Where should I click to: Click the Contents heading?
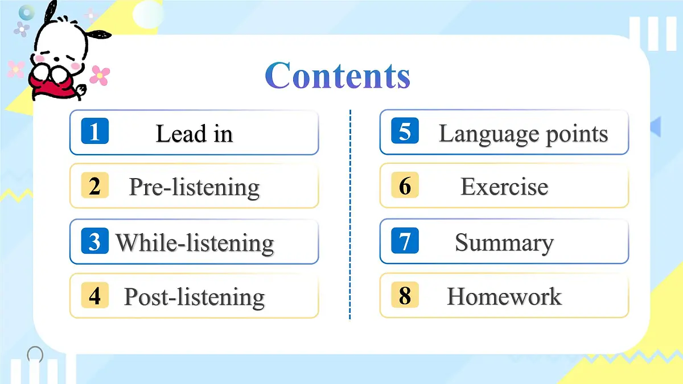[338, 76]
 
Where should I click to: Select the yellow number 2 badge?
[94, 185]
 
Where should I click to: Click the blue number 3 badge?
[94, 241]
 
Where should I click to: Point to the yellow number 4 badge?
[94, 295]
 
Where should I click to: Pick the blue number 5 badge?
[405, 131]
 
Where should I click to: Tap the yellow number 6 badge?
[405, 185]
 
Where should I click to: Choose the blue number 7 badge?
[405, 241]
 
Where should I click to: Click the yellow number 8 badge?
[405, 295]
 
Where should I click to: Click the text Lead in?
[194, 134]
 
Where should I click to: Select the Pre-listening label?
[194, 187]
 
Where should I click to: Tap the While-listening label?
[195, 243]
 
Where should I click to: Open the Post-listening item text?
[194, 297]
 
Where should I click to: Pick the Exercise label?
[504, 187]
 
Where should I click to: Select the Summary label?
[504, 243]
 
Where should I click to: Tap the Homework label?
[504, 296]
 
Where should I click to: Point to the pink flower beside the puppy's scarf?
[100, 75]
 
